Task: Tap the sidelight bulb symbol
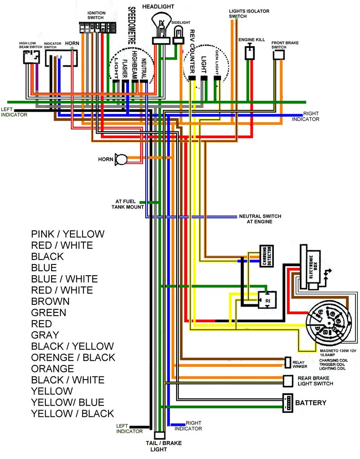[x=178, y=33]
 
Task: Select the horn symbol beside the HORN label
[x=121, y=159]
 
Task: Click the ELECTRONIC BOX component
[x=309, y=267]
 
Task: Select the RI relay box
[x=266, y=300]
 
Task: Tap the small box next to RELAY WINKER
[x=288, y=362]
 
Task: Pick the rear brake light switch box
[x=288, y=381]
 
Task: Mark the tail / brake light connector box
[x=159, y=435]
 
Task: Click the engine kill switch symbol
[x=249, y=52]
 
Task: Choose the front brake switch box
[x=279, y=55]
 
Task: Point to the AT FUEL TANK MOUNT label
[x=128, y=204]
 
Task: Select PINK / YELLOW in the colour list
[x=68, y=234]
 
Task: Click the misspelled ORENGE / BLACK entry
[x=73, y=357]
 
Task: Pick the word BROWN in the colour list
[x=50, y=301]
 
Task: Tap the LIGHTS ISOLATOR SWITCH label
[x=244, y=13]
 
